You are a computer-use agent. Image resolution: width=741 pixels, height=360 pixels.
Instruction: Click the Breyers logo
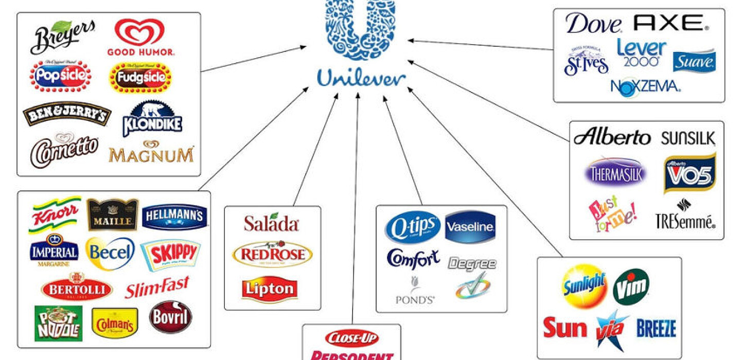point(63,37)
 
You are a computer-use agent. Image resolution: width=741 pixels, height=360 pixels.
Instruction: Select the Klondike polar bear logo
point(152,119)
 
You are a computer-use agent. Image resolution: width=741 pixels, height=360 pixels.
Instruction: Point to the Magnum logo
point(151,152)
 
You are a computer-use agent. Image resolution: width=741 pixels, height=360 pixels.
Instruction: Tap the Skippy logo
point(170,254)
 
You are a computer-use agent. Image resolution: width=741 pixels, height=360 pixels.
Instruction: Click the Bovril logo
point(171,317)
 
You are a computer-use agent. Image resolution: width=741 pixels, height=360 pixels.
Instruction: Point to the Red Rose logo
point(272,254)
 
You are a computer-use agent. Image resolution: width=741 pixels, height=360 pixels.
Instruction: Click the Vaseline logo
point(470,226)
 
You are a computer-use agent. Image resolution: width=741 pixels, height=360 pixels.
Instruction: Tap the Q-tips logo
point(413,227)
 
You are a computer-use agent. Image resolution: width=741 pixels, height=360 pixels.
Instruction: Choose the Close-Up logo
point(352,338)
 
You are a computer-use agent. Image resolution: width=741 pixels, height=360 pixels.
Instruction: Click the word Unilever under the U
point(361,78)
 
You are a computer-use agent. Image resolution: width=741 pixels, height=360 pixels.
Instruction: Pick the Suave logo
point(694,61)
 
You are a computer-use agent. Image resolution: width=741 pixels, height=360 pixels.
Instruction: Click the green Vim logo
point(631,286)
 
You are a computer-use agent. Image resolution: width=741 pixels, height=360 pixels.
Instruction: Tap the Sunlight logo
point(583,285)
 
